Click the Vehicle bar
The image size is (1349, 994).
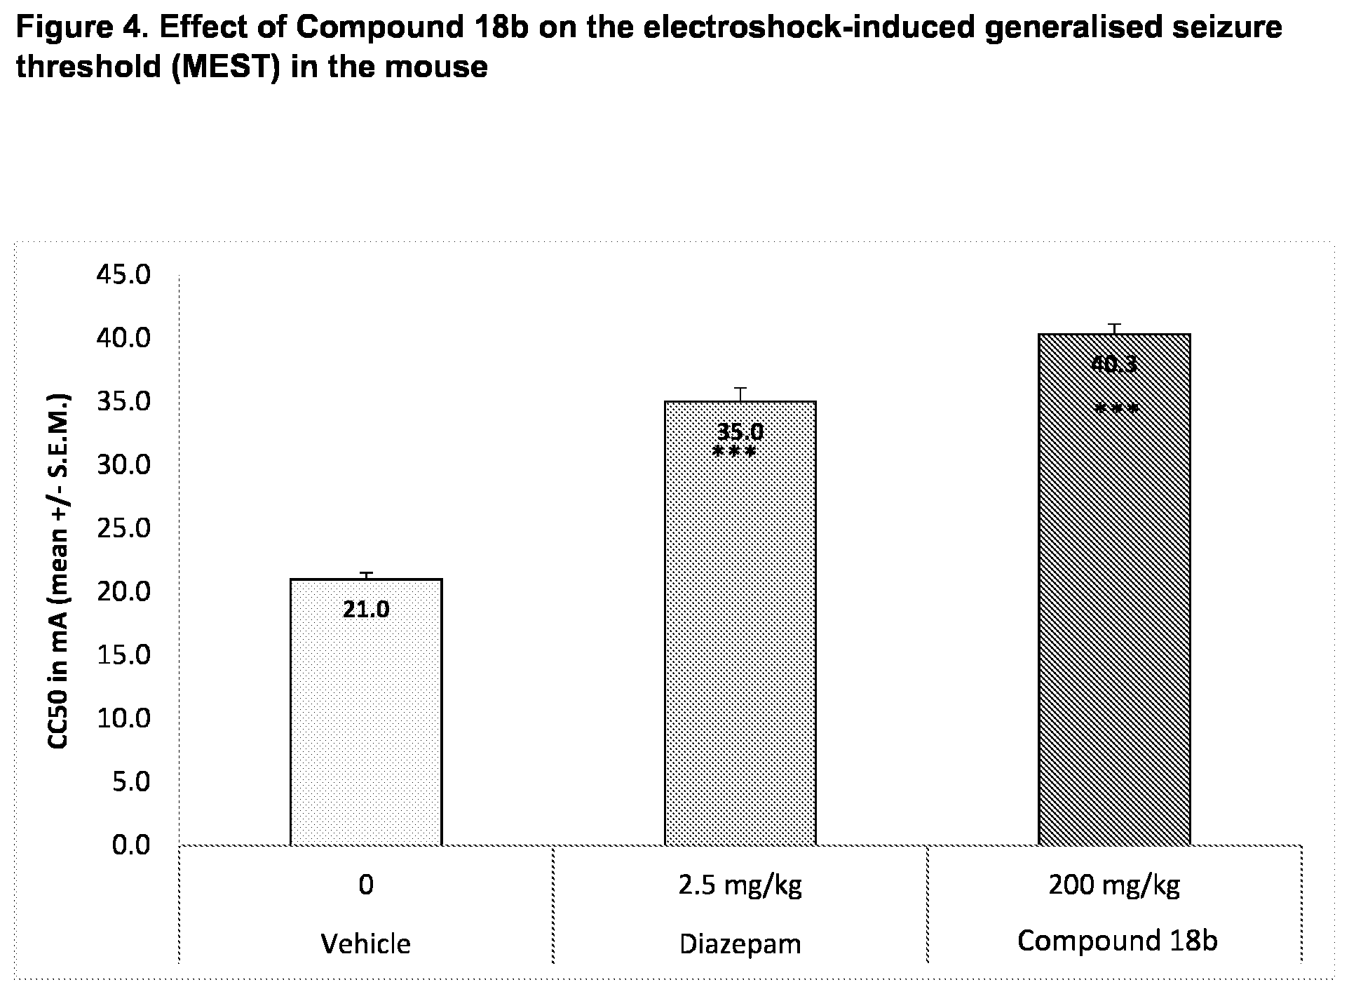366,712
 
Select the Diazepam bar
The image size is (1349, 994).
740,623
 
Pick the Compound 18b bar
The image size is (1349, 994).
1114,589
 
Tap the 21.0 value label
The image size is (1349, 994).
366,610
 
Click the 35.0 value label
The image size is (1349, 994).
740,431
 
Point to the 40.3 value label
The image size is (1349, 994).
1113,364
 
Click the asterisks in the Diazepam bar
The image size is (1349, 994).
734,452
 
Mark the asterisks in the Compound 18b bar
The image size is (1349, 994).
1116,409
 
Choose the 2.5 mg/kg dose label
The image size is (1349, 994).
740,885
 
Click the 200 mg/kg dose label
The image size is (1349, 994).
1114,885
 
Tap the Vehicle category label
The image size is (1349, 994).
366,943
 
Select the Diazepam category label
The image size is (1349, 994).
740,944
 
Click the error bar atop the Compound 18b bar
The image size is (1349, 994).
1114,329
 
